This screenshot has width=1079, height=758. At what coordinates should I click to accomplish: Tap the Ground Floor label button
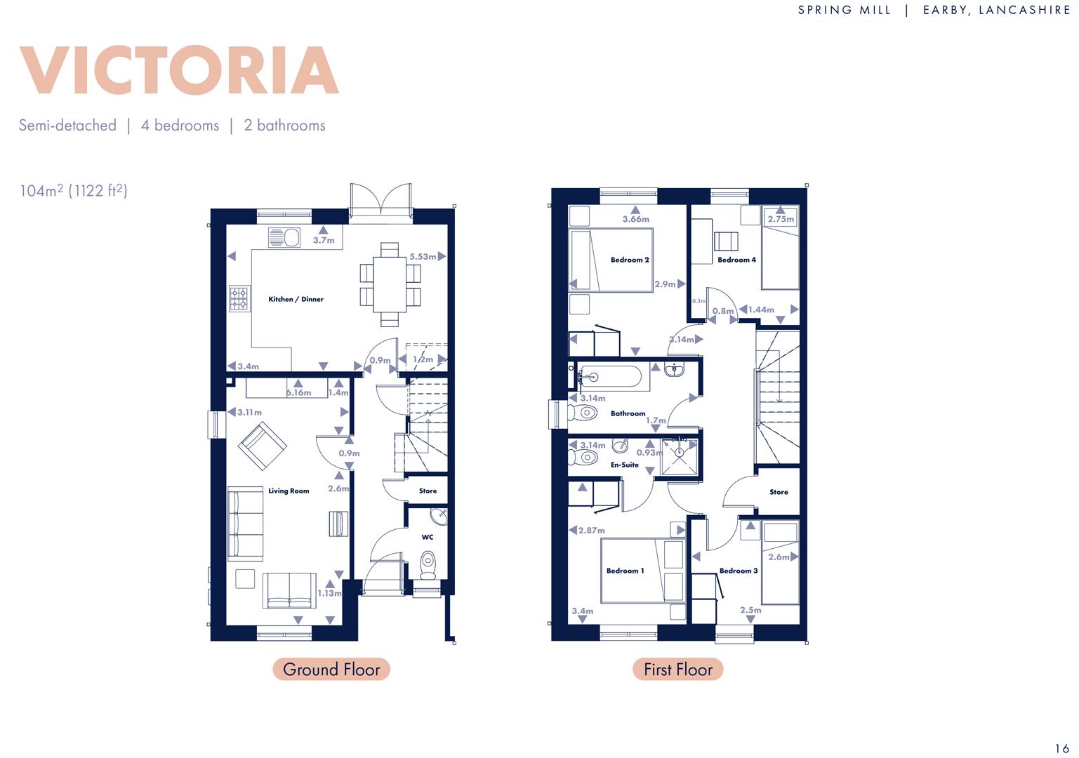click(x=331, y=670)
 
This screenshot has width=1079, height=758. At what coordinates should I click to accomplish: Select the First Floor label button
click(x=677, y=670)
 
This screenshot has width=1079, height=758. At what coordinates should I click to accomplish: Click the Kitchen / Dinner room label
click(x=296, y=299)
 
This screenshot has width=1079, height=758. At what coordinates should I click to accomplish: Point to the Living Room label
click(x=289, y=491)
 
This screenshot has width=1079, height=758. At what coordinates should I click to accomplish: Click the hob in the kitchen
click(x=239, y=299)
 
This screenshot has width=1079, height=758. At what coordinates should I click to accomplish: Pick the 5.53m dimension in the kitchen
click(x=423, y=257)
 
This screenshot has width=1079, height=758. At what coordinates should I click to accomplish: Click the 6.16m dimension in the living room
click(x=298, y=392)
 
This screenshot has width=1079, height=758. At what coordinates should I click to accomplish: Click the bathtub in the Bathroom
click(x=609, y=378)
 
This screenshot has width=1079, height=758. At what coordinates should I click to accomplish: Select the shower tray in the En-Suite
click(x=679, y=457)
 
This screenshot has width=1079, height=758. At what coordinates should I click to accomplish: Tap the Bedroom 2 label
click(x=629, y=260)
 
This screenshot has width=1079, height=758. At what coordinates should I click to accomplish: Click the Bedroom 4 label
click(x=736, y=260)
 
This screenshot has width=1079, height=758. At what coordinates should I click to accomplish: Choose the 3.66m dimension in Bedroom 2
click(x=635, y=219)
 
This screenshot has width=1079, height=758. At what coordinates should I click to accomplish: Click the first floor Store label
click(x=779, y=492)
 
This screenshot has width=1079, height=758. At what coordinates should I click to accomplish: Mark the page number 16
click(x=1061, y=748)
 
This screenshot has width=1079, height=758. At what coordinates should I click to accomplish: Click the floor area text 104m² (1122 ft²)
click(x=74, y=190)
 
